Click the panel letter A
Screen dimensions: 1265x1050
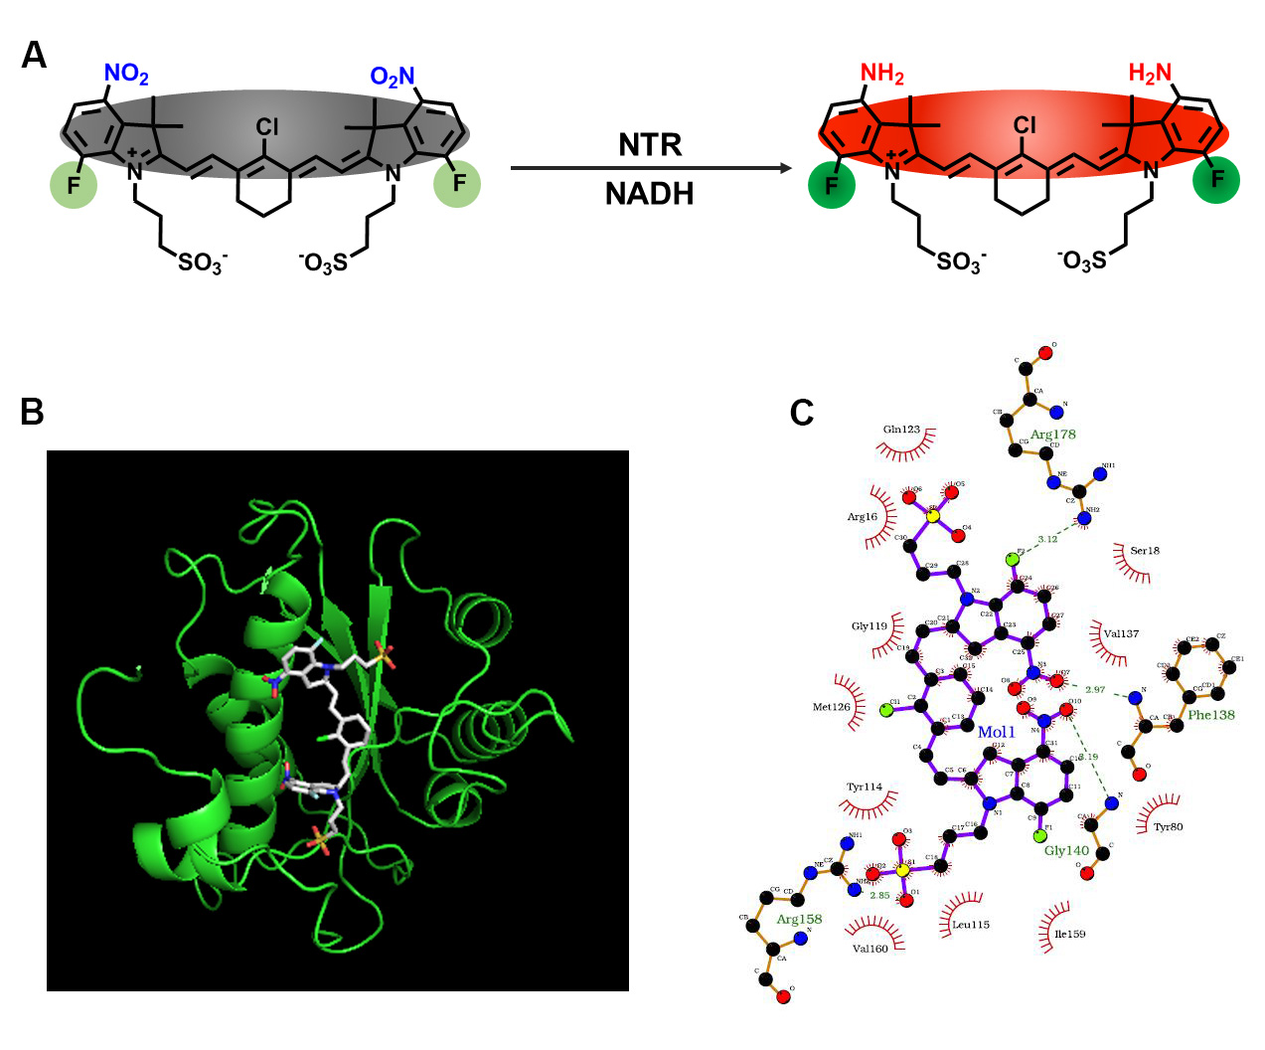click(34, 56)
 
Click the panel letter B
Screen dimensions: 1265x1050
click(33, 411)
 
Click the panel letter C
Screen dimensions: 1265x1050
click(801, 412)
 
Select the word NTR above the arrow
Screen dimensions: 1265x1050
click(650, 145)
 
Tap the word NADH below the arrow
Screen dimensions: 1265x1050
click(650, 193)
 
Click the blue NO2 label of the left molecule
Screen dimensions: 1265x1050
click(126, 75)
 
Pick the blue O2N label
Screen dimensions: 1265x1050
click(392, 77)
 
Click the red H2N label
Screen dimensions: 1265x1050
click(1150, 74)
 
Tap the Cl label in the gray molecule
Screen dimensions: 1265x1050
click(267, 127)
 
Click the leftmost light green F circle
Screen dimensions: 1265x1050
click(74, 185)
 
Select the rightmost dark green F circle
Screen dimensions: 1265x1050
click(1216, 180)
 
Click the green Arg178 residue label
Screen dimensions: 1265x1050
click(1052, 435)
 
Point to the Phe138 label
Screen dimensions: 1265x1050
click(1211, 715)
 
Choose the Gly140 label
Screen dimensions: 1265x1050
click(1066, 850)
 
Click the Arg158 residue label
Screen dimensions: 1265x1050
click(799, 919)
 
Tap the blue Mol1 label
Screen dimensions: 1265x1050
click(997, 732)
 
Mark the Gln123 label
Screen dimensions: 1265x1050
click(901, 430)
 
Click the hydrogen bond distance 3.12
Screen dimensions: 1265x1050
click(1047, 539)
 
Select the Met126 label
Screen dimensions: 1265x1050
click(832, 707)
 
